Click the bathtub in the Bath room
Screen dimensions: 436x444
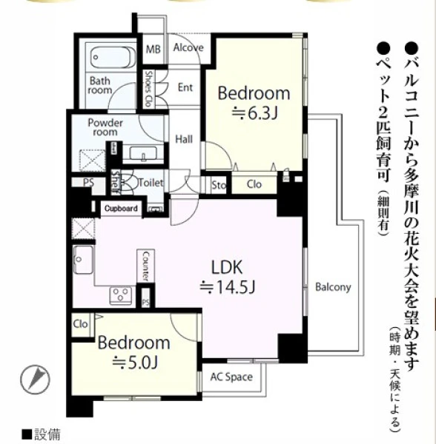click(x=113, y=58)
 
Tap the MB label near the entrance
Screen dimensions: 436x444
click(x=153, y=50)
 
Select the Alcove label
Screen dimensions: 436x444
click(x=188, y=47)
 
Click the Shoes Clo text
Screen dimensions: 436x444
click(x=148, y=88)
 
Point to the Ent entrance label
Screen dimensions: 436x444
click(x=185, y=87)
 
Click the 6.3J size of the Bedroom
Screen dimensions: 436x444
click(x=254, y=113)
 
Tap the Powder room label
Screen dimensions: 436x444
click(x=105, y=127)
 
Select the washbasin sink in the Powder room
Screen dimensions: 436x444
click(x=143, y=153)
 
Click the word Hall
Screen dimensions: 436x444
click(x=184, y=139)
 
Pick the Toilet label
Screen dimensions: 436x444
click(x=151, y=183)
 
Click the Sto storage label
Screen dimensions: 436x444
click(x=219, y=185)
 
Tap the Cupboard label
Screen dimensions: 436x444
click(x=121, y=209)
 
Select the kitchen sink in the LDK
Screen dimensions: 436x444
click(x=83, y=260)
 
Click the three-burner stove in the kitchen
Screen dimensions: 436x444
click(x=121, y=295)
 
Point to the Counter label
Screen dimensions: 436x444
click(x=145, y=266)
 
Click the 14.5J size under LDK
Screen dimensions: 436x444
click(x=228, y=287)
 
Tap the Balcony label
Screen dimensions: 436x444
click(x=333, y=287)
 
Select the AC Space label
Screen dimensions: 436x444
click(x=231, y=377)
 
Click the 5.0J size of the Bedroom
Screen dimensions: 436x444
click(x=135, y=363)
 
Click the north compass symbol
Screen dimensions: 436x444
click(x=36, y=380)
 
